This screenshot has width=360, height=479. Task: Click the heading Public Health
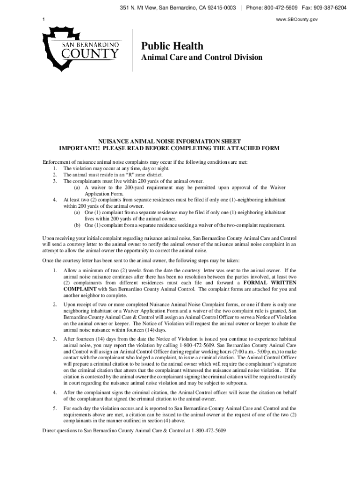173,46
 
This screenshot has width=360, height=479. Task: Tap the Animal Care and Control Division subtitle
202,58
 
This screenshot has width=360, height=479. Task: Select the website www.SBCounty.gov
326,19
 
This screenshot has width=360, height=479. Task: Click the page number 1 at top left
43,19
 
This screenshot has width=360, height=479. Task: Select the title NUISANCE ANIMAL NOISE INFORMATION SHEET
169,141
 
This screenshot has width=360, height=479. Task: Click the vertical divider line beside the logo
132,50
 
